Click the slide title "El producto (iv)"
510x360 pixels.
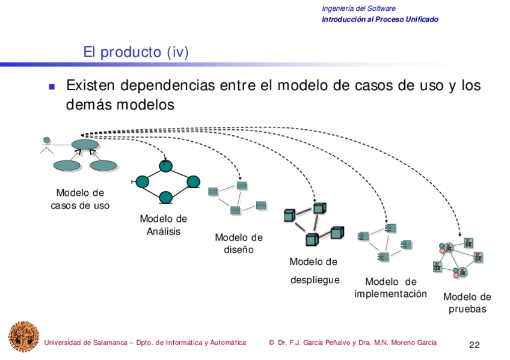pyautogui.click(x=136, y=53)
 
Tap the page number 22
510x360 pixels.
pyautogui.click(x=474, y=345)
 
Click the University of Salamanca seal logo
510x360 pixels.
pyautogui.click(x=23, y=337)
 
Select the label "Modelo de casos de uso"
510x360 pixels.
pyautogui.click(x=80, y=199)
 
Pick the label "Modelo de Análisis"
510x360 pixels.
pyautogui.click(x=163, y=225)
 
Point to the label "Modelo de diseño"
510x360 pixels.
pyautogui.click(x=239, y=243)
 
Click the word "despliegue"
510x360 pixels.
pyautogui.click(x=315, y=280)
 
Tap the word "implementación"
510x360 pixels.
pyautogui.click(x=390, y=294)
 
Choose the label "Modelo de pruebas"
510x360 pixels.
pyautogui.click(x=467, y=303)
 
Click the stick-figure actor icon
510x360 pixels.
pyautogui.click(x=46, y=145)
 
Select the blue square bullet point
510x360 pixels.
pyautogui.click(x=52, y=87)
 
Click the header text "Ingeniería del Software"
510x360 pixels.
pyautogui.click(x=358, y=8)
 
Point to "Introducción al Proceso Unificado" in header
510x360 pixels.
pyautogui.click(x=380, y=19)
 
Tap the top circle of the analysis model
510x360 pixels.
pyautogui.click(x=167, y=165)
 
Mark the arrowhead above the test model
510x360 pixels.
pyautogui.click(x=460, y=234)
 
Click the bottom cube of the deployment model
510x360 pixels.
pyautogui.click(x=312, y=239)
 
